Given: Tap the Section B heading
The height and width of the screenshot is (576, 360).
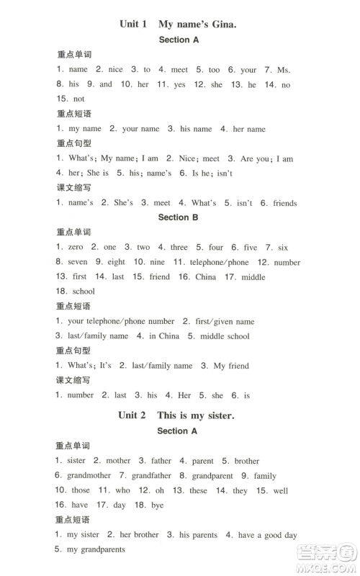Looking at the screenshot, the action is pyautogui.click(x=178, y=217).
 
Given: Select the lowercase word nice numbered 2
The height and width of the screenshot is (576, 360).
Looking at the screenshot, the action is pyautogui.click(x=116, y=70).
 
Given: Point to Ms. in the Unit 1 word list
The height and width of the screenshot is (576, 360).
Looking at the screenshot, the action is pyautogui.click(x=284, y=70).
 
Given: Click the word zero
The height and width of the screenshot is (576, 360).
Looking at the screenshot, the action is pyautogui.click(x=76, y=247).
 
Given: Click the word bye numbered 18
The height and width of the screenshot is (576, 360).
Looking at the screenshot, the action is pyautogui.click(x=158, y=505).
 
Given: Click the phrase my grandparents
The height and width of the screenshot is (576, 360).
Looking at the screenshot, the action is pyautogui.click(x=96, y=549).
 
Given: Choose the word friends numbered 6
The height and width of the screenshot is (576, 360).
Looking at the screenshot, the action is pyautogui.click(x=285, y=203).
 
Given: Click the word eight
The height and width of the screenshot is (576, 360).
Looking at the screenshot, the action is pyautogui.click(x=116, y=262).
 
